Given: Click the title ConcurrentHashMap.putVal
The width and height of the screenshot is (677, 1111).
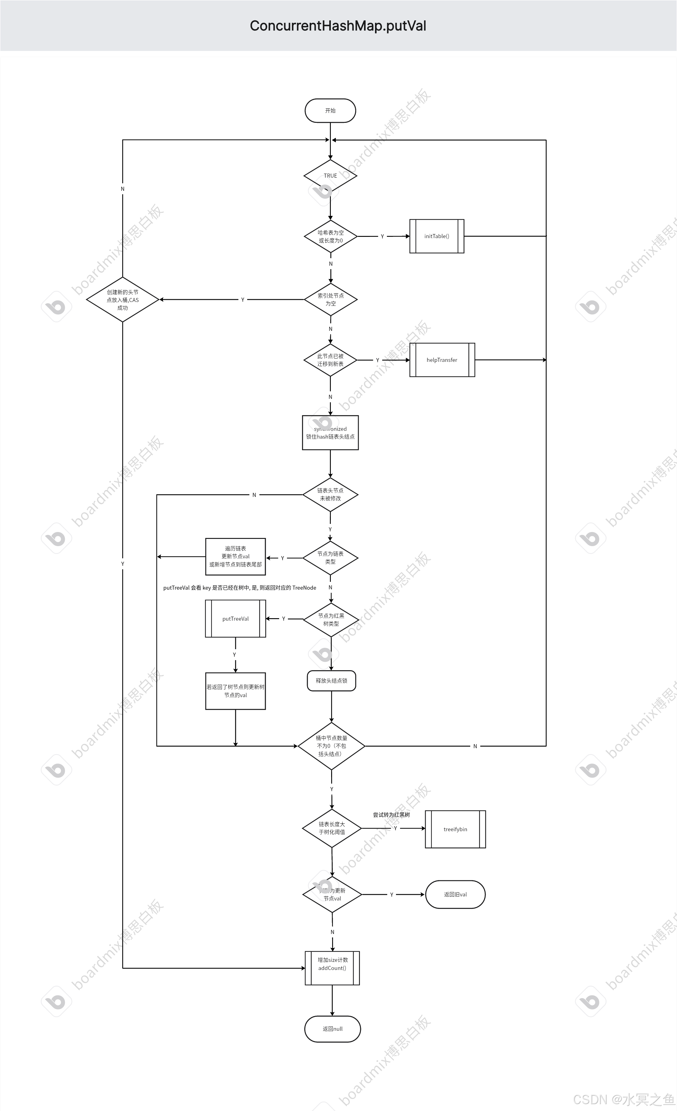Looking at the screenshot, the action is click(x=338, y=26).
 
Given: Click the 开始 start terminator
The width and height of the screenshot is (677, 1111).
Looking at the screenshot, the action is click(x=331, y=111).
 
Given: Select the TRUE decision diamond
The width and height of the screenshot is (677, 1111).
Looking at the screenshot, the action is click(x=331, y=175).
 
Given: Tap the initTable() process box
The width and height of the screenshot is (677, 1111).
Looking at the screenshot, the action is click(x=437, y=236).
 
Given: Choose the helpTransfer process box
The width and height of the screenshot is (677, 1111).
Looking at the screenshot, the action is click(x=442, y=360).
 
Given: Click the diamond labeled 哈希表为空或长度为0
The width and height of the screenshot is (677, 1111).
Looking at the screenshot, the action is click(x=331, y=236).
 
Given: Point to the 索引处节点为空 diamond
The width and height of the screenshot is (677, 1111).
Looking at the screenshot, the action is click(x=331, y=300).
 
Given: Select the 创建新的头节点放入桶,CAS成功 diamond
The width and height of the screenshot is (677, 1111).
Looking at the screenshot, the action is click(x=122, y=300).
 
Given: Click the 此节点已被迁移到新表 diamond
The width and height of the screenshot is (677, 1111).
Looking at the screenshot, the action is click(x=331, y=360).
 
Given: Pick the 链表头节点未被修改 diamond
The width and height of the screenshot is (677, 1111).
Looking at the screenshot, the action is click(x=331, y=495).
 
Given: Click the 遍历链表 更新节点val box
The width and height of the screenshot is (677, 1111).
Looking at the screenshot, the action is click(x=235, y=557).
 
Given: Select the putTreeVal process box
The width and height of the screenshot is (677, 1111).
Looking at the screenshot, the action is click(x=235, y=618).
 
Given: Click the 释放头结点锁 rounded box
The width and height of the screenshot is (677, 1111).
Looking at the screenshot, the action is click(x=331, y=681).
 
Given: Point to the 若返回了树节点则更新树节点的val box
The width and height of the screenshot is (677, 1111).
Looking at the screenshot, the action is click(x=235, y=691).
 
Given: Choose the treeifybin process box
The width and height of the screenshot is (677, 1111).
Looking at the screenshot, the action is click(x=455, y=829).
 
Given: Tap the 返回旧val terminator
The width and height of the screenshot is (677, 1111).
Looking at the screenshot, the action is click(x=455, y=895).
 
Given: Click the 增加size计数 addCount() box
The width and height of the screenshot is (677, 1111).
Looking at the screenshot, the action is click(x=332, y=968).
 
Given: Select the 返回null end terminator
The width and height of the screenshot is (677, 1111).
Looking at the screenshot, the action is click(x=333, y=1029).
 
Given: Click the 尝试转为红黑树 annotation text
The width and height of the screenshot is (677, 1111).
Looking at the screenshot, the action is click(x=391, y=815).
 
